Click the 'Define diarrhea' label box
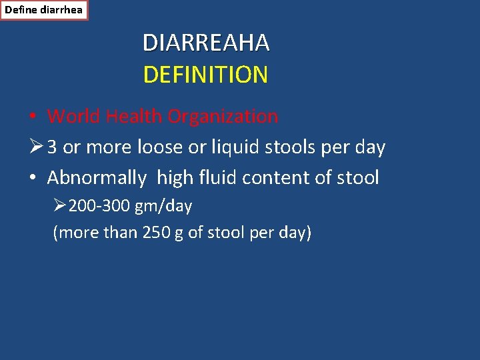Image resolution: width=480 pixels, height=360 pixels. pos(44,10)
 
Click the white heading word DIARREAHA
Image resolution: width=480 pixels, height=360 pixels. pos(206,43)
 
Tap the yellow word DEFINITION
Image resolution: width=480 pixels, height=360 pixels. pos(205,75)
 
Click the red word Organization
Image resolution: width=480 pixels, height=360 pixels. pos(223,117)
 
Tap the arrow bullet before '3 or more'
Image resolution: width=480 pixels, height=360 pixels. pos(36,147)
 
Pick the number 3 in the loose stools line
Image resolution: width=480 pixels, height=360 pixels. pos(52,147)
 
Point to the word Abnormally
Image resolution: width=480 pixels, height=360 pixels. pos(97,178)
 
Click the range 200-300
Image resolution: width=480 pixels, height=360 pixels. pos(99,207)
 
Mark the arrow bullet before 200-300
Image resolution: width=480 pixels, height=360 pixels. pos(60,207)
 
